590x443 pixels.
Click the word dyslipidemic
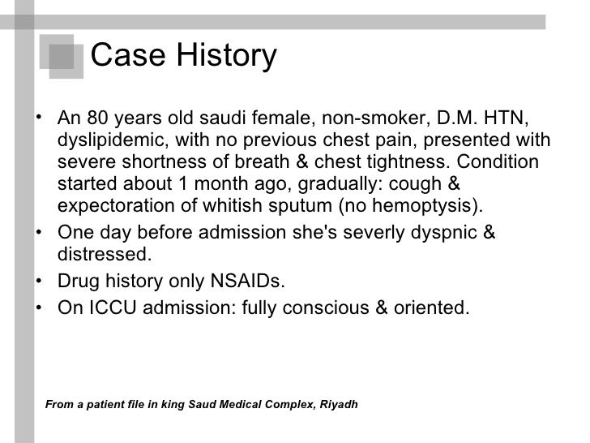click(110, 140)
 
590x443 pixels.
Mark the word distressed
click(105, 255)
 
